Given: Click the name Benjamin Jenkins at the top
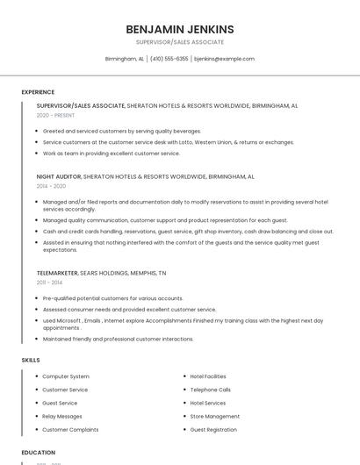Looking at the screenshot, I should coord(180,29).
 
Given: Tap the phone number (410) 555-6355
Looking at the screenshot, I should coord(169,59).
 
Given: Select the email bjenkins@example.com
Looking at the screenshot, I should coord(224,59).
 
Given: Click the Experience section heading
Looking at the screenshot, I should coord(38,92).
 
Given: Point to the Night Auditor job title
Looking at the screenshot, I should coord(58,176).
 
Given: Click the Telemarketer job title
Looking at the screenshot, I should coord(57,273).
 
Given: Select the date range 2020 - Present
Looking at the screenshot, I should coord(54,115).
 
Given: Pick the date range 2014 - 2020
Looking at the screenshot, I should coord(51,186).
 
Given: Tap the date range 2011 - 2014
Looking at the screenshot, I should coord(49,283).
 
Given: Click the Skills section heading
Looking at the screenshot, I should coord(31,360).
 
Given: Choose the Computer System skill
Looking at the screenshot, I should coord(66,376).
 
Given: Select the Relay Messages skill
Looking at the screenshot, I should coord(62,417).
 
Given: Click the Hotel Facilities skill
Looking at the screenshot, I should coord(208,376).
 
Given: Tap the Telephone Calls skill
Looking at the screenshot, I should coord(211,390).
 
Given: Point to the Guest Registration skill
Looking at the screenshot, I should coord(213,430).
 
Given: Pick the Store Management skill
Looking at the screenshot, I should coord(215,417).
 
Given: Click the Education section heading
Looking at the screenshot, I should coord(38,453).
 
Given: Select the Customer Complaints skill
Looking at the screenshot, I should coord(70,430).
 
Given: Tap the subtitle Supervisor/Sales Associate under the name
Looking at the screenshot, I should coord(180,42).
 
